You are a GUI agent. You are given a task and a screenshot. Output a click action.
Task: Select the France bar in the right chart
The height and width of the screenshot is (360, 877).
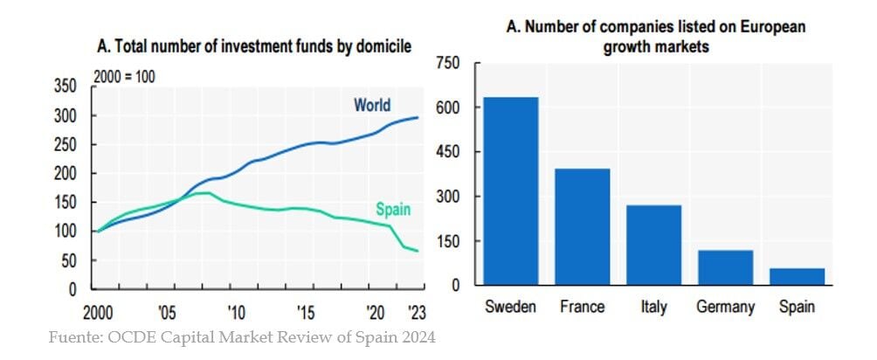(x=583, y=226)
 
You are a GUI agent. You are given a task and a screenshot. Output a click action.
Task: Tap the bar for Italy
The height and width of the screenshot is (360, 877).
(x=653, y=245)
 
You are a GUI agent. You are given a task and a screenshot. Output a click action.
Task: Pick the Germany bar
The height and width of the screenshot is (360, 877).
(x=725, y=267)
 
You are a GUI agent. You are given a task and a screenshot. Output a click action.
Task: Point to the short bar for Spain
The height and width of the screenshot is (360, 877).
(x=797, y=276)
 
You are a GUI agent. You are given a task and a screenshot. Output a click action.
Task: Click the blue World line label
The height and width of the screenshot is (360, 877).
(x=372, y=106)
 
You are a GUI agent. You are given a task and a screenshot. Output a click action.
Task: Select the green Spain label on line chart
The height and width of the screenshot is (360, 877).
(x=393, y=209)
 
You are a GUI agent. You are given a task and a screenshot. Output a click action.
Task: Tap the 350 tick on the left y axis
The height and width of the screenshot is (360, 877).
(x=66, y=87)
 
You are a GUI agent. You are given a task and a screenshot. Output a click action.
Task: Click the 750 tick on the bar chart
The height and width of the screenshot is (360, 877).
(x=446, y=64)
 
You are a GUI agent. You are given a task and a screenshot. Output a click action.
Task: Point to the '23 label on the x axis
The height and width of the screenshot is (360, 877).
(x=417, y=313)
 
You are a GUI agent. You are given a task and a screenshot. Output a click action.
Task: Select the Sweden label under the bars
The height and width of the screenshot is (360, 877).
(x=510, y=307)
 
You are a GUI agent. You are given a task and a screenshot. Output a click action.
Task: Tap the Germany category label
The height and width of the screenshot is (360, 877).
(x=725, y=307)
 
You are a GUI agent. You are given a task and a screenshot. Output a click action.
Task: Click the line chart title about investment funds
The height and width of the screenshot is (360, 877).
(x=254, y=45)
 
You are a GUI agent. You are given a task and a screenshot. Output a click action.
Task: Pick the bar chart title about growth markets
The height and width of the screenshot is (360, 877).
(x=656, y=37)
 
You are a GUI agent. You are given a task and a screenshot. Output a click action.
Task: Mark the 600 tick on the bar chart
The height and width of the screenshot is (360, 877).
(x=446, y=108)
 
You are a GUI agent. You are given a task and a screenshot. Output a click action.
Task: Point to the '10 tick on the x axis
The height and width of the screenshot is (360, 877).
(x=235, y=313)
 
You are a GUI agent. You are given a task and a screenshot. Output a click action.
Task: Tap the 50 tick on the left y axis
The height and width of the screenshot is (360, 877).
(x=70, y=260)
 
